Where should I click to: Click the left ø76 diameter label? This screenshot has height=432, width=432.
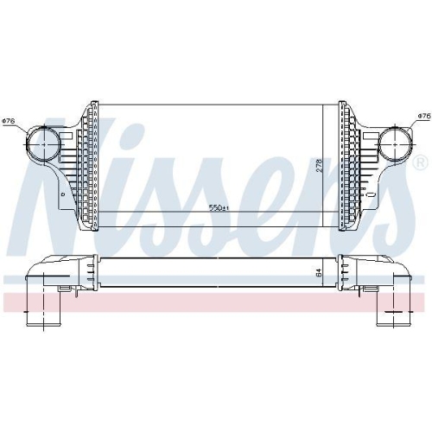point(9,121)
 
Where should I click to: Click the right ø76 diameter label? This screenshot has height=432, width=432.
point(424,116)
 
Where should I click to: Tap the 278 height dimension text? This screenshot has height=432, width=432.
point(320,166)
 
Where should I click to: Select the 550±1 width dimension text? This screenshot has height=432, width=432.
point(219,207)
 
